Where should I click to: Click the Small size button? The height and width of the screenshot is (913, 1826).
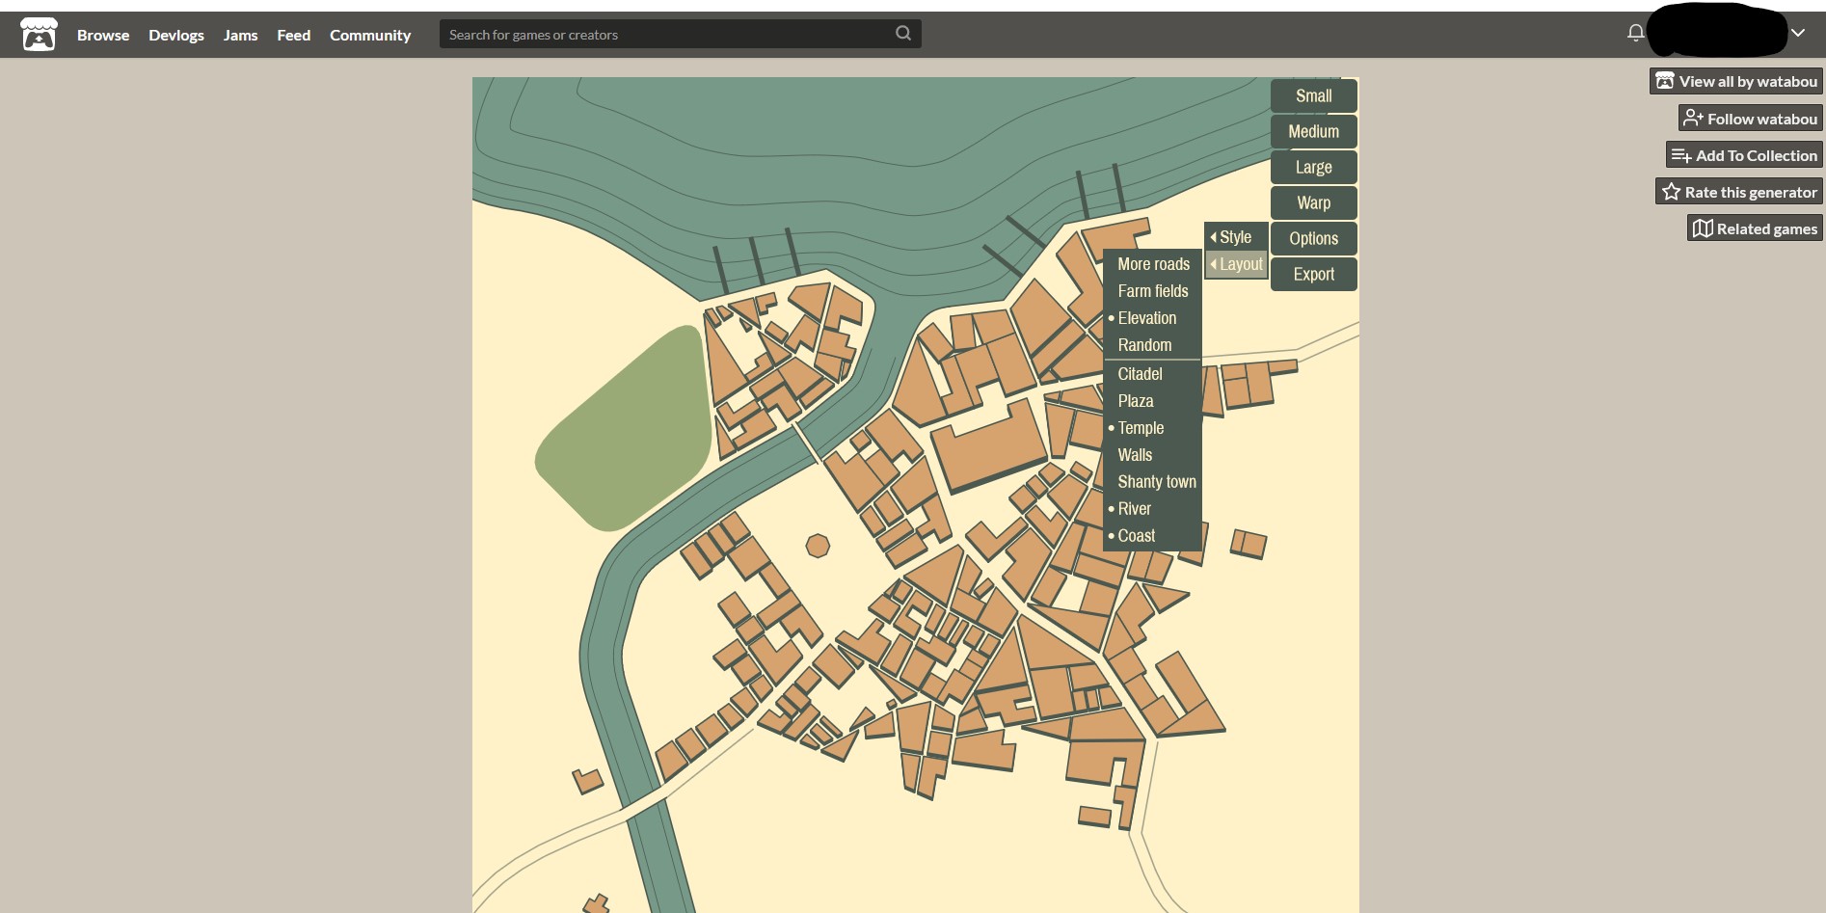(x=1313, y=95)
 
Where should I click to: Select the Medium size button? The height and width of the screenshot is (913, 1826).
(x=1313, y=131)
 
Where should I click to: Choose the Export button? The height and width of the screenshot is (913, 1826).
(x=1313, y=274)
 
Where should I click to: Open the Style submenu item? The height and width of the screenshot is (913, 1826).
(x=1235, y=237)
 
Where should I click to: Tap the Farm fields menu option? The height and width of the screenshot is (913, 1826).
(x=1152, y=291)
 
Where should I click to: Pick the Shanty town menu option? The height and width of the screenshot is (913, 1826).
(x=1156, y=482)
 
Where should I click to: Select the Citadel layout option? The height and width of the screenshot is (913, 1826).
(x=1140, y=374)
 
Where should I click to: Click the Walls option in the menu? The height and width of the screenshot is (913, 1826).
(x=1135, y=455)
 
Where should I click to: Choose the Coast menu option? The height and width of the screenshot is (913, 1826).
(x=1136, y=536)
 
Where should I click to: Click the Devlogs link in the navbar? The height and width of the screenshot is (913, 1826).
(x=176, y=35)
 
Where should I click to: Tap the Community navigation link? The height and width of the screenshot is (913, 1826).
(x=370, y=35)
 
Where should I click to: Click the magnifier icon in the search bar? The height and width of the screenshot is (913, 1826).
(x=903, y=34)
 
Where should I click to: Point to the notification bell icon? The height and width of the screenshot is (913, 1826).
(x=1635, y=33)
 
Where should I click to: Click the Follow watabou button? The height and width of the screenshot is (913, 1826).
(x=1750, y=119)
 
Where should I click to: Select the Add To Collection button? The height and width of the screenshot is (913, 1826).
(x=1744, y=155)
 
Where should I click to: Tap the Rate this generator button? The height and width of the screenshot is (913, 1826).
(x=1739, y=192)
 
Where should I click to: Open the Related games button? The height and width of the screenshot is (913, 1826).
(x=1755, y=228)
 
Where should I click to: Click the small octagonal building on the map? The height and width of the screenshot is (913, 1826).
(x=818, y=547)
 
